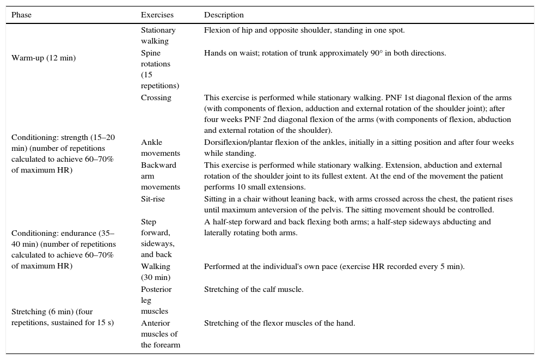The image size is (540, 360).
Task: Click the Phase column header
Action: click(x=22, y=15)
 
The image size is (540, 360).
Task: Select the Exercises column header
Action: click(x=156, y=15)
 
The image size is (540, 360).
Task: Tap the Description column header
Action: click(x=224, y=15)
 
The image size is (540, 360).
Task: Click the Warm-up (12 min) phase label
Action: click(x=44, y=58)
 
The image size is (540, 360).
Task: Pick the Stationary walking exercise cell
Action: click(x=158, y=36)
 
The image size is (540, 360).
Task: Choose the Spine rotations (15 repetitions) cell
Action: click(x=159, y=69)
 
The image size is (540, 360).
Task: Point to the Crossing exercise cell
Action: click(x=156, y=98)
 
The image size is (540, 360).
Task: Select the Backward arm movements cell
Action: click(x=159, y=176)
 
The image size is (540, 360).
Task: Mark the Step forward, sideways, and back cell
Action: click(x=158, y=238)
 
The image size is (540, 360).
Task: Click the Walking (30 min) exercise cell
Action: click(x=156, y=272)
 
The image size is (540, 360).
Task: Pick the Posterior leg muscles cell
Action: click(x=156, y=300)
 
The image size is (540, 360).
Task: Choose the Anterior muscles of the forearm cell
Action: click(x=161, y=334)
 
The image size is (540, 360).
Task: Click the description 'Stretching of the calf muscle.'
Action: click(x=254, y=290)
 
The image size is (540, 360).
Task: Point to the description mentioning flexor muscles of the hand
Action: click(x=279, y=324)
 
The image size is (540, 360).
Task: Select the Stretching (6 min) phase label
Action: click(x=63, y=318)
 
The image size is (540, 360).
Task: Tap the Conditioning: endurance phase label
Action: click(x=63, y=249)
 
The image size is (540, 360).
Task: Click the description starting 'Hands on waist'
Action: click(x=325, y=53)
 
